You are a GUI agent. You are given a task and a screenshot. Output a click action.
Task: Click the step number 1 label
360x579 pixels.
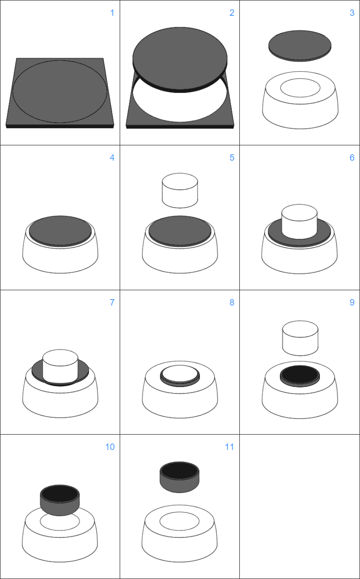tap(112, 13)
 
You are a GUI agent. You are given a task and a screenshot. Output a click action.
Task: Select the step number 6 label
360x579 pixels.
tap(352, 158)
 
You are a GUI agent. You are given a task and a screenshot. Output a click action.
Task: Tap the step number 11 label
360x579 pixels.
tap(229, 447)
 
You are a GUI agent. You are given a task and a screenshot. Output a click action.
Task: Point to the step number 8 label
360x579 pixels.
tap(232, 303)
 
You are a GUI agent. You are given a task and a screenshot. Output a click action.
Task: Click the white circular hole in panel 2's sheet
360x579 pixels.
tap(180, 106)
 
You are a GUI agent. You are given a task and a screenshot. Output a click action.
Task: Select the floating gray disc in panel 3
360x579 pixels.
tap(300, 44)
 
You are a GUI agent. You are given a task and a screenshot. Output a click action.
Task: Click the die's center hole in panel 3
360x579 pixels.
tap(300, 88)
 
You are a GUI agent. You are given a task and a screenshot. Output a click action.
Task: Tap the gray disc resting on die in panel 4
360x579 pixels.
tap(60, 230)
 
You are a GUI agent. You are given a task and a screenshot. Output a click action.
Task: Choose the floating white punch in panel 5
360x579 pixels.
tap(180, 190)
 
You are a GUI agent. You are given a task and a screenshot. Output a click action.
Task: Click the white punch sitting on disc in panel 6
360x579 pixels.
tap(300, 221)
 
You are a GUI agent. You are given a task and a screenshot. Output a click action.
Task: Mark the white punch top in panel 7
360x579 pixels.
tap(60, 358)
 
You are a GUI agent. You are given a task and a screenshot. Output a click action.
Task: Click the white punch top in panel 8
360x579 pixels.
tap(180, 374)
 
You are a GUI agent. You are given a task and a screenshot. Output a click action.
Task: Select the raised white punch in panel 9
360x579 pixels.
tap(300, 338)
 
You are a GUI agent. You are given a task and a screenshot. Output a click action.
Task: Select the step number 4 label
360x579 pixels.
tap(112, 158)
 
